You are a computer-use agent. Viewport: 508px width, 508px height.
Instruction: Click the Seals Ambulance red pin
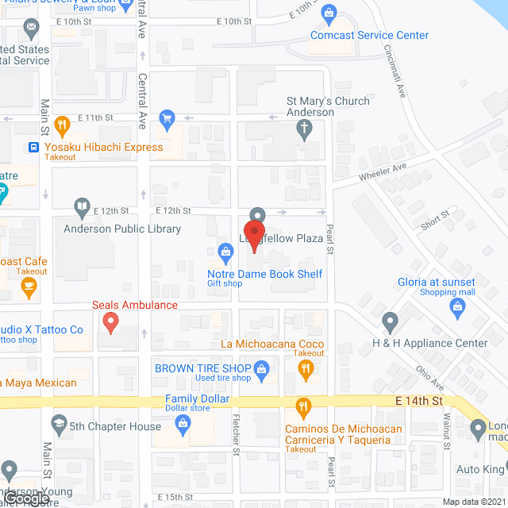[110, 321]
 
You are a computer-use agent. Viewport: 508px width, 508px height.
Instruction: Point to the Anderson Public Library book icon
[82, 208]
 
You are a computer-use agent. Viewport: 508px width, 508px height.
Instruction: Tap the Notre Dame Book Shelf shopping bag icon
[225, 253]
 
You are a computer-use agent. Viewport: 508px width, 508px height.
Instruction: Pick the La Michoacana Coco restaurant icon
[303, 368]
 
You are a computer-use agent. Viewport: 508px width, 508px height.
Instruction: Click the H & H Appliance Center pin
[390, 321]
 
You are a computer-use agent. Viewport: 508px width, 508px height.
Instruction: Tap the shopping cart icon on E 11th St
[167, 120]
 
